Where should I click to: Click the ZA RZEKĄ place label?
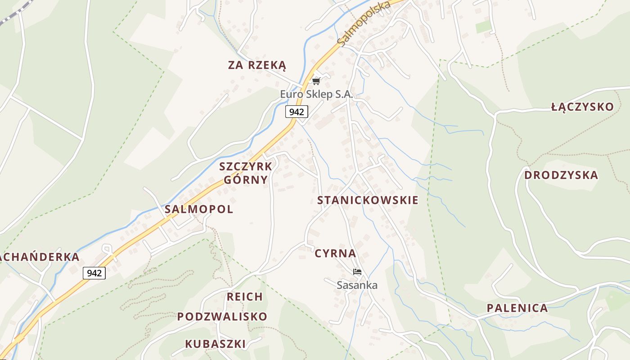pyautogui.click(x=257, y=65)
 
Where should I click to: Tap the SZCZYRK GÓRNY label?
pyautogui.click(x=246, y=173)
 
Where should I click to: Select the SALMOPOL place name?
pyautogui.click(x=199, y=209)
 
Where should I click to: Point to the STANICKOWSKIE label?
pyautogui.click(x=368, y=200)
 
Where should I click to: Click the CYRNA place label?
pyautogui.click(x=335, y=253)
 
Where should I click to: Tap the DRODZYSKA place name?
pyautogui.click(x=561, y=175)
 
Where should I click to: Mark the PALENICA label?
pyautogui.click(x=517, y=308)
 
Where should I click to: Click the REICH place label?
pyautogui.click(x=245, y=297)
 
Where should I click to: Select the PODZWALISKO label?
pyautogui.click(x=222, y=317)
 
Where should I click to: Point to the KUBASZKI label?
pyautogui.click(x=216, y=344)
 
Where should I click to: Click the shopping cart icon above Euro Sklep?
pyautogui.click(x=316, y=81)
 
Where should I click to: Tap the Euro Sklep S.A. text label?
pyautogui.click(x=316, y=94)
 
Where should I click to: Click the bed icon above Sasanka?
pyautogui.click(x=357, y=272)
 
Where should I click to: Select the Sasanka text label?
pyautogui.click(x=357, y=285)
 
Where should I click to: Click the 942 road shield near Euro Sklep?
pyautogui.click(x=297, y=112)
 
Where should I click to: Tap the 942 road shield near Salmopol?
pyautogui.click(x=94, y=273)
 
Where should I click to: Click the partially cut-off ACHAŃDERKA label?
pyautogui.click(x=40, y=257)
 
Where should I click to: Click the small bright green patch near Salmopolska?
pyautogui.click(x=484, y=27)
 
